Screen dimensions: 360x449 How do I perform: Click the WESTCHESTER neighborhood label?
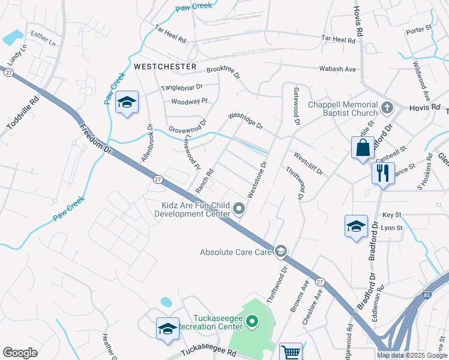(x=165, y=66)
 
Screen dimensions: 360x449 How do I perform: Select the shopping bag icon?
(x=363, y=148)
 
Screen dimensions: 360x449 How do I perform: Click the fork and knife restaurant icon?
(x=382, y=173)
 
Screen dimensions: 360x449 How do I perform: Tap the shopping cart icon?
(x=291, y=352)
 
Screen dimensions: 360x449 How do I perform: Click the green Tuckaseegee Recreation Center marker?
(x=252, y=323)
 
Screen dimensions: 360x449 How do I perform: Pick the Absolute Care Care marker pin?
(x=280, y=250)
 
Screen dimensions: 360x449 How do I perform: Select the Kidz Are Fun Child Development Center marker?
(x=239, y=209)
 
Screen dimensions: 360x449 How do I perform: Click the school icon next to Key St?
(x=356, y=226)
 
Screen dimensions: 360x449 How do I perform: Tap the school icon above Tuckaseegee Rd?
(x=167, y=328)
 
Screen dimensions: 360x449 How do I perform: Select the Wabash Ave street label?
(x=337, y=69)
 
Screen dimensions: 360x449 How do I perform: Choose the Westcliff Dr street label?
(x=308, y=164)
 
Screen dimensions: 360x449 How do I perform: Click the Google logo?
(x=20, y=352)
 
